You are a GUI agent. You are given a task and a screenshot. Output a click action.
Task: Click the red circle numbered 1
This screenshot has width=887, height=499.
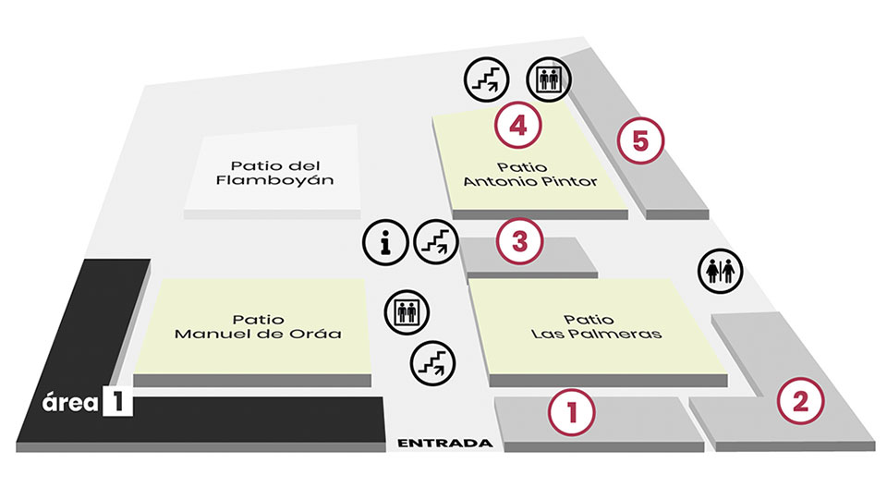click(573, 410)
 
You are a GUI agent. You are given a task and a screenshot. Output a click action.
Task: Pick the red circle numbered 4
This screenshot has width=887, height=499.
click(517, 125)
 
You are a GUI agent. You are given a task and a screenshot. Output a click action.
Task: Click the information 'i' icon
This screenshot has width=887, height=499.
click(386, 242)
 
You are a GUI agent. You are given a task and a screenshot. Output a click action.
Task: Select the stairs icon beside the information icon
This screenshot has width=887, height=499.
click(436, 242)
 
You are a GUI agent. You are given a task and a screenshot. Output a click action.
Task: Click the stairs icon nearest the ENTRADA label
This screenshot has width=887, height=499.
click(432, 361)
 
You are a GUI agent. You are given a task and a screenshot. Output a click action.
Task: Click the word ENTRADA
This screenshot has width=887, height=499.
click(444, 444)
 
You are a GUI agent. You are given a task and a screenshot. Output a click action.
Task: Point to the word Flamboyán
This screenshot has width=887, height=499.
click(274, 181)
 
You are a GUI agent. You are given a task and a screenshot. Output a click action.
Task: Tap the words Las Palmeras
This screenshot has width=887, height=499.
click(597, 334)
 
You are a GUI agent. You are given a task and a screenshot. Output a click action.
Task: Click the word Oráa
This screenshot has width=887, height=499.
click(320, 334)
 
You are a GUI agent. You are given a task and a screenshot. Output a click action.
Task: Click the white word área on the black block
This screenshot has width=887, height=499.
click(72, 404)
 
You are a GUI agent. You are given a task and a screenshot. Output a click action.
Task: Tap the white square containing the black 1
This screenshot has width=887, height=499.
click(118, 404)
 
